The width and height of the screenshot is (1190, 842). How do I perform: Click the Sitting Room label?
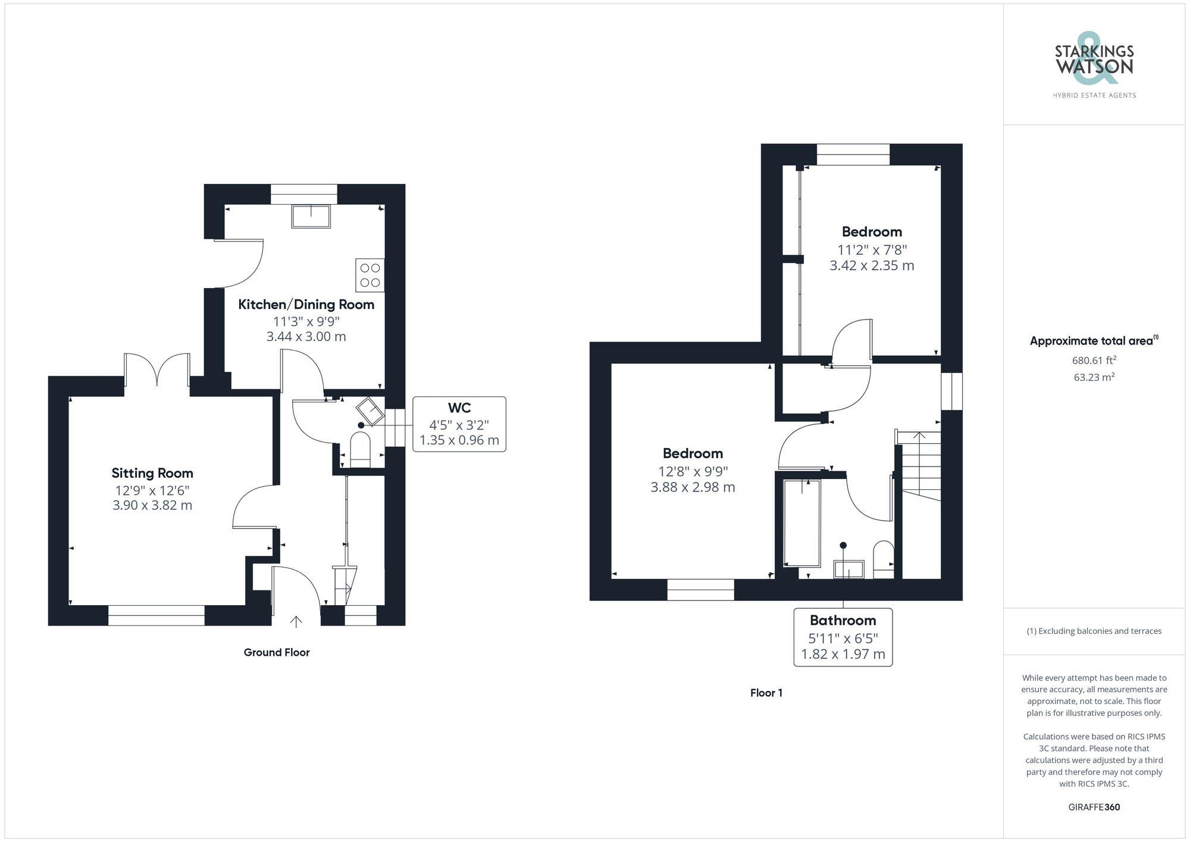point(152,473)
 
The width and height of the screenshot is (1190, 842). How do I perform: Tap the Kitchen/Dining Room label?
point(306,305)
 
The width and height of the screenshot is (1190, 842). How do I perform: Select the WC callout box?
point(459,424)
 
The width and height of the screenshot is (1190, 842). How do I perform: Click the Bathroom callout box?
point(843,637)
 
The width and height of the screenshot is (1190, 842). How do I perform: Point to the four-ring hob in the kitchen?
point(369,276)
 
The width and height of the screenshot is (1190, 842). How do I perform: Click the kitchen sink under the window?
point(311,217)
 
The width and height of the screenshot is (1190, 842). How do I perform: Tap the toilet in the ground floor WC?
point(361,450)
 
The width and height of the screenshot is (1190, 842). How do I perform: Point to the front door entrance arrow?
point(296,622)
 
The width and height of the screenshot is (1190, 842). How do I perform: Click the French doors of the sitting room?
point(157,370)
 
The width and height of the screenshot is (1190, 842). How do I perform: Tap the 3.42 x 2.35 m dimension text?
point(872,265)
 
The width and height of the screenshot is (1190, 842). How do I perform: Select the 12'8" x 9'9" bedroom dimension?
point(693,471)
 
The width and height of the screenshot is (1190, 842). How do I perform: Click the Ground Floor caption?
point(277,652)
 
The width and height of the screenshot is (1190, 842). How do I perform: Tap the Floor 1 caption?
point(766,693)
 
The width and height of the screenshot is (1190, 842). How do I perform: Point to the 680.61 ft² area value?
point(1094,360)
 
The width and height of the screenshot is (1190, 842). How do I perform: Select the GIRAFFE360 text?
point(1094,807)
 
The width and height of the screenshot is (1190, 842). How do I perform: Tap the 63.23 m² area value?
point(1094,377)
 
